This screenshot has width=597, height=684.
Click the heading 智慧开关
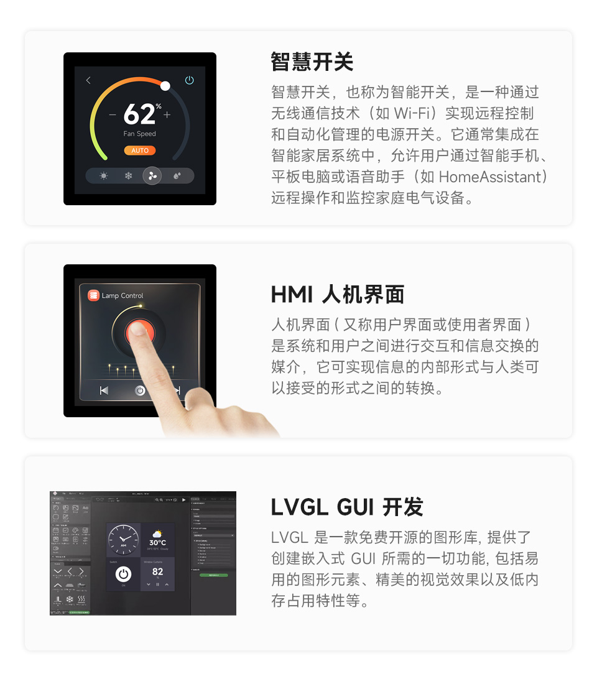click(x=312, y=62)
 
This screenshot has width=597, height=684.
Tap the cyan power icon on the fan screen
click(x=190, y=80)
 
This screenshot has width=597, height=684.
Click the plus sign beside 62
click(x=167, y=114)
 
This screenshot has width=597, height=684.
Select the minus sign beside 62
click(x=113, y=114)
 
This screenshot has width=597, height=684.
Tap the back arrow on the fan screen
click(x=88, y=80)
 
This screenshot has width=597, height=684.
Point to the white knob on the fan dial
click(x=165, y=86)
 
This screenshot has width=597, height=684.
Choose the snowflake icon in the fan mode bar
click(x=129, y=176)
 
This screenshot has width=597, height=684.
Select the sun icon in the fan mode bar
click(x=104, y=176)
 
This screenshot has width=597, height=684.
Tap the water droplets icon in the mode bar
click(x=177, y=176)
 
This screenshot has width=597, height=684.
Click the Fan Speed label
click(x=140, y=134)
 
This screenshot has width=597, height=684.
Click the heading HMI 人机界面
click(x=338, y=294)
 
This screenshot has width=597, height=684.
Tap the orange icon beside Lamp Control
click(x=94, y=295)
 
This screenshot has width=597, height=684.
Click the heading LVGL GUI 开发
click(x=347, y=507)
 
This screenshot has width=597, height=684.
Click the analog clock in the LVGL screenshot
click(x=123, y=539)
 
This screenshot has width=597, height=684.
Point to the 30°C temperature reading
click(x=157, y=543)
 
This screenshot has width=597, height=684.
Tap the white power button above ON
click(x=123, y=574)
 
